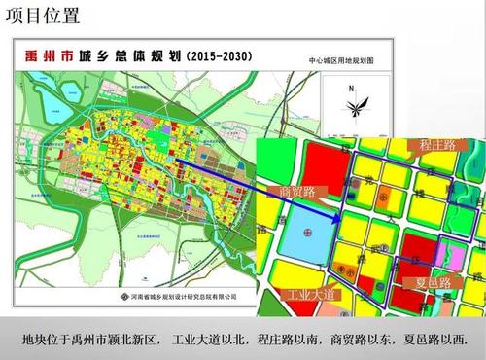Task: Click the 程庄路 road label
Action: coord(446,145)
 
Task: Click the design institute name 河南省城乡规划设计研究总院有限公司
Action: coord(183,296)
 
